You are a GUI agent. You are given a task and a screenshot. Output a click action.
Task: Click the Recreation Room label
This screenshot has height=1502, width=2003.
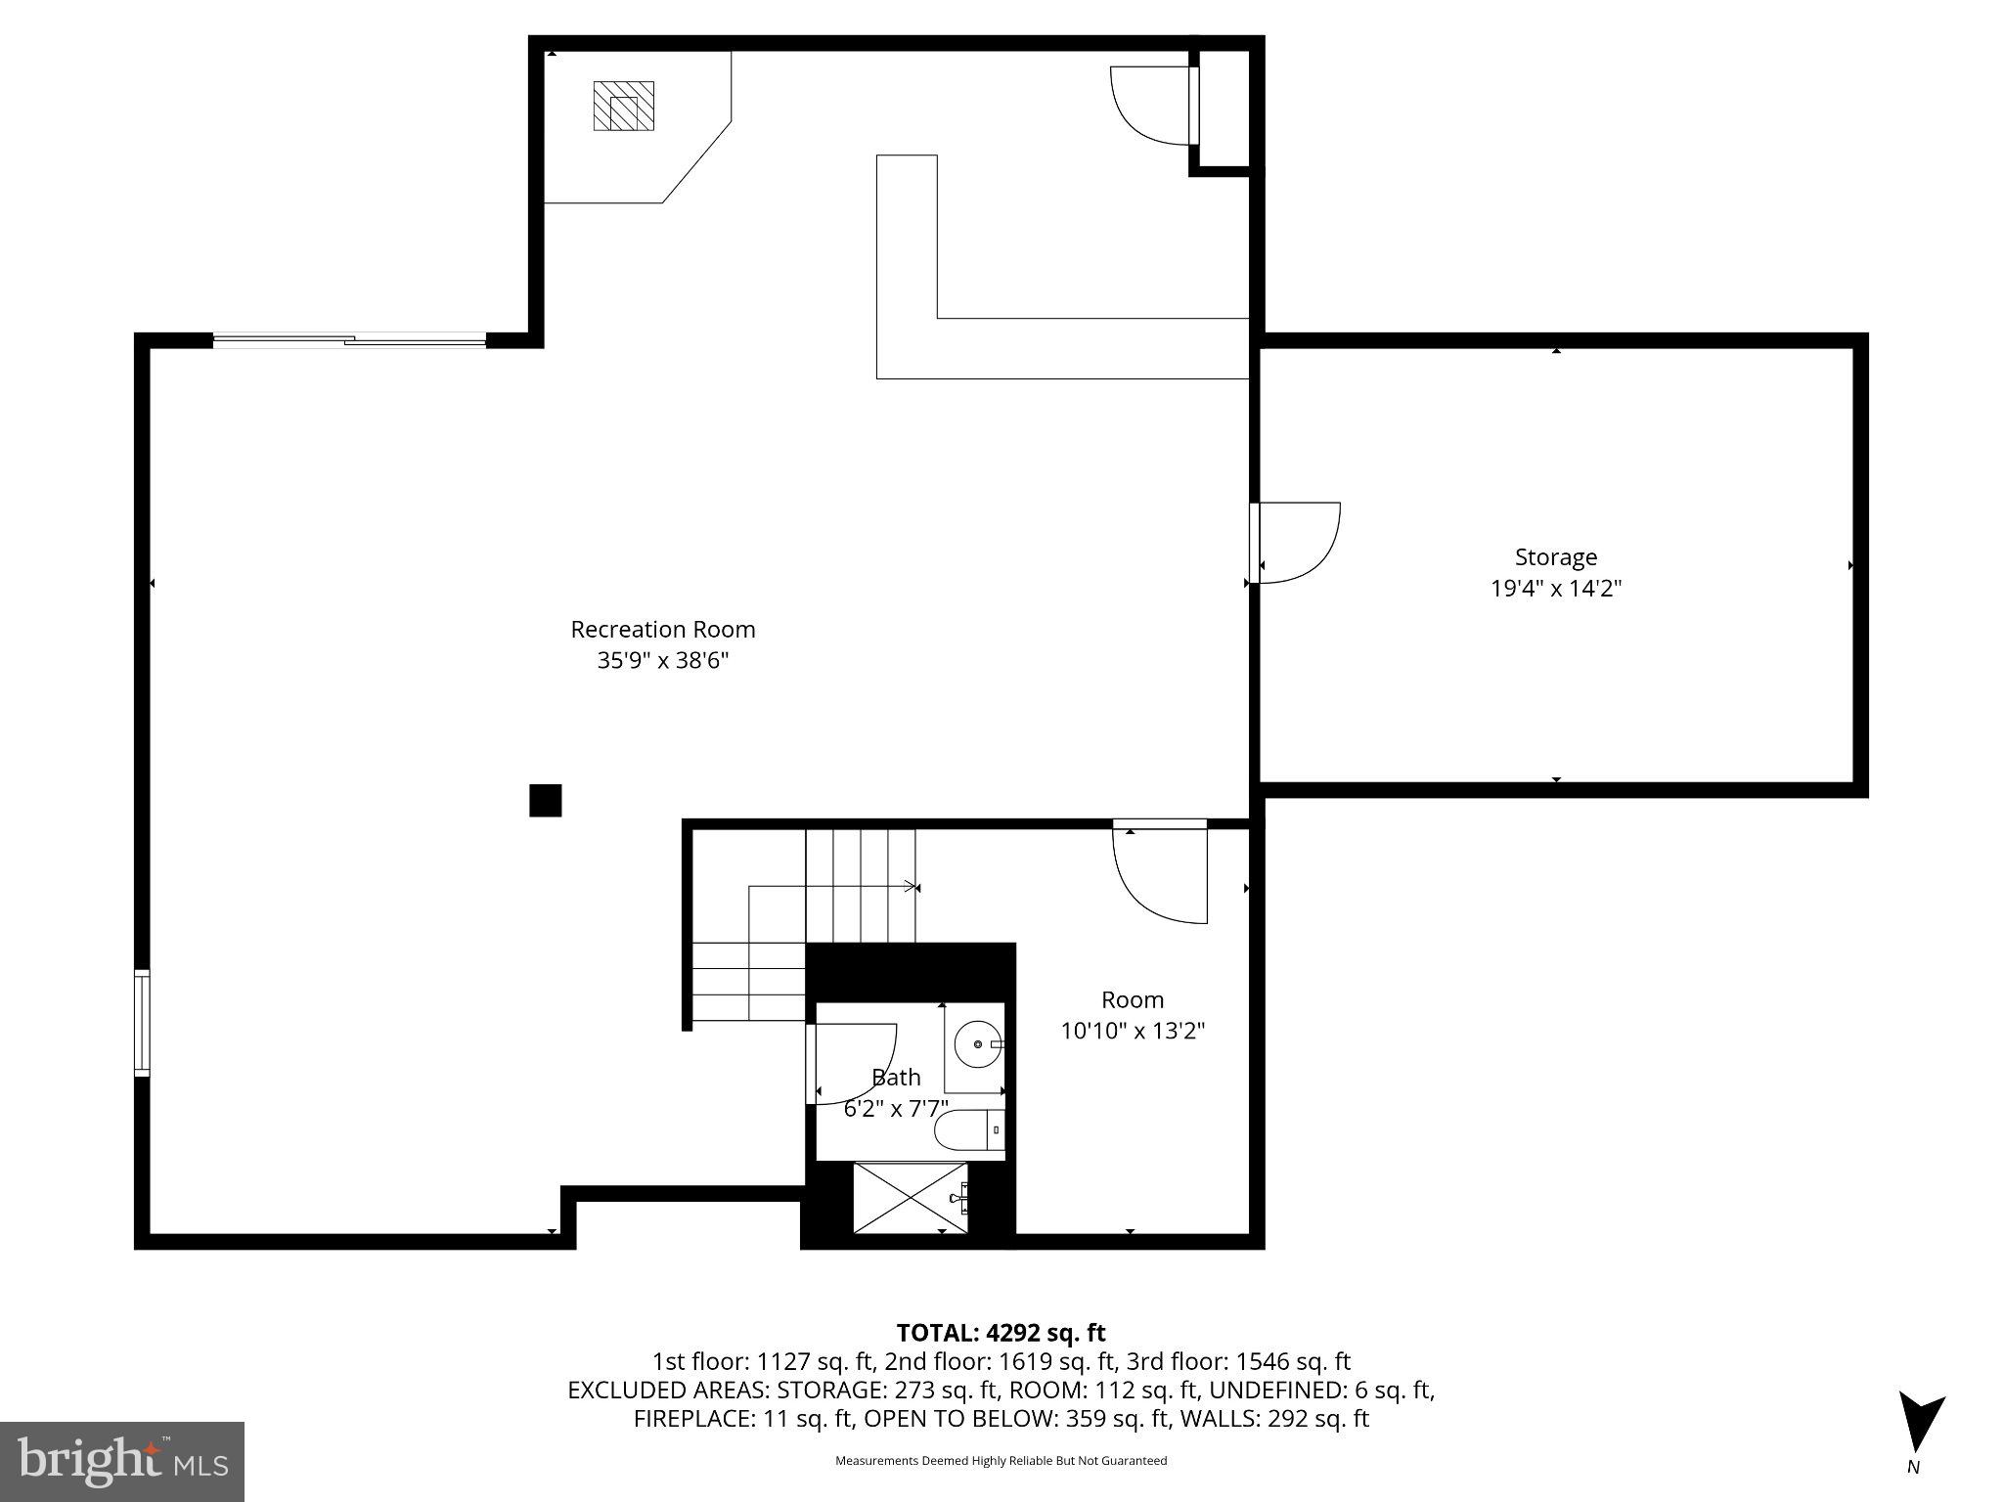point(662,629)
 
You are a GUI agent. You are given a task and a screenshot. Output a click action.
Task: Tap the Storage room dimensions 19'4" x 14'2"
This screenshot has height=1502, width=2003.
point(1555,589)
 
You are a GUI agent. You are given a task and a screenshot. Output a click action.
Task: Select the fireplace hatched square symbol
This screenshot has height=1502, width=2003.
point(623,107)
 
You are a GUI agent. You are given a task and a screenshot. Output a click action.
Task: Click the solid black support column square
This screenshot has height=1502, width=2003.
point(545,800)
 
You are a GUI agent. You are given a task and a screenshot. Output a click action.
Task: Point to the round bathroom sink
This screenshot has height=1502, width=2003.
point(976,1044)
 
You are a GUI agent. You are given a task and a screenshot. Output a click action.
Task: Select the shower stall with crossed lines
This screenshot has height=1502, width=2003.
point(910,1198)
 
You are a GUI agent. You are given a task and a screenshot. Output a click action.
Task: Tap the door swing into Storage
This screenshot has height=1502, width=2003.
point(1299,543)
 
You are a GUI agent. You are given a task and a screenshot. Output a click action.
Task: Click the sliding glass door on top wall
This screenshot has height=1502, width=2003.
point(349,340)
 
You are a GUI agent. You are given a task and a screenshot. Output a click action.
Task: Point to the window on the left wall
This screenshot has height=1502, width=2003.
point(142,1023)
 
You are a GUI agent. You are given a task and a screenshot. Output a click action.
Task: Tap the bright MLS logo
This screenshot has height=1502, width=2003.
point(122,1461)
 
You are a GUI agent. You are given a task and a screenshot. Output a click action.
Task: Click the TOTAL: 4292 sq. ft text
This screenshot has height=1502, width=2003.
point(1001,1333)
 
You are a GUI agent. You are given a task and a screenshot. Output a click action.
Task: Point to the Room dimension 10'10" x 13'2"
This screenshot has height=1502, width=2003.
point(1133,1031)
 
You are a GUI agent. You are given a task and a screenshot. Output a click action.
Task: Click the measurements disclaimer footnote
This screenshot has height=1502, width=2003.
point(1001,1461)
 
